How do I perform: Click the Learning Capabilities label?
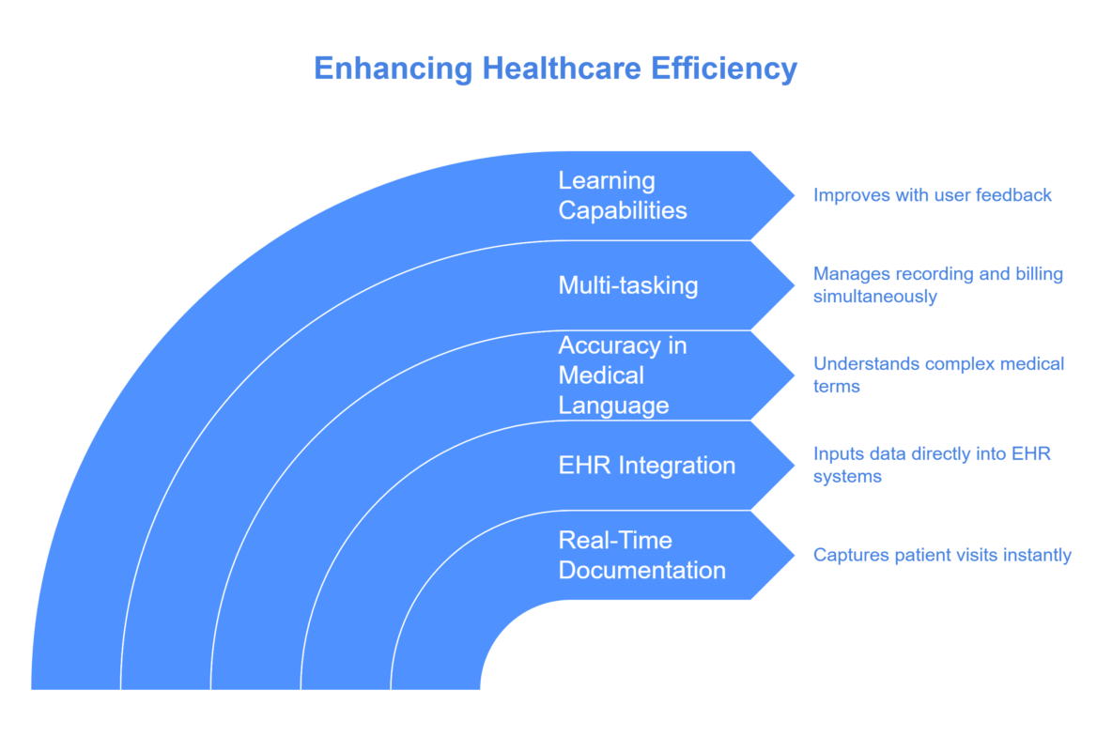(x=622, y=195)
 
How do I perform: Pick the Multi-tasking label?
(x=627, y=285)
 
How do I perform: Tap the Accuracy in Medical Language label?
(x=622, y=375)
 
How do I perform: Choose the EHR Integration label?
(x=646, y=466)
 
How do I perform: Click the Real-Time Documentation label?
(x=641, y=556)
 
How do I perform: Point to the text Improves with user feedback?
(x=932, y=195)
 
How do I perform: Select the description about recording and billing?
(x=937, y=285)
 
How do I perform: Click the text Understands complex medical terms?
(x=937, y=375)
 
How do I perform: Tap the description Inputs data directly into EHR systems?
(x=932, y=466)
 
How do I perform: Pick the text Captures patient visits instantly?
(x=942, y=556)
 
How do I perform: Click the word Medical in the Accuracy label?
(x=601, y=375)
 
